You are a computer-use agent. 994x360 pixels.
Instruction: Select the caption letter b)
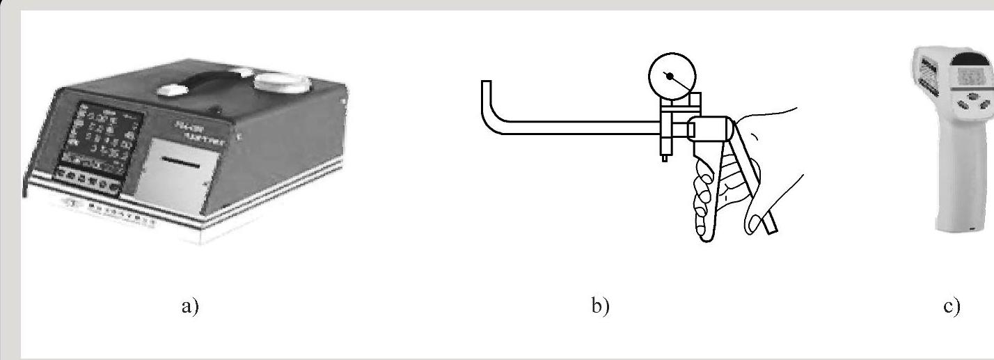point(600,306)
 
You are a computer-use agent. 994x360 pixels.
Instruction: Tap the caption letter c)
point(952,306)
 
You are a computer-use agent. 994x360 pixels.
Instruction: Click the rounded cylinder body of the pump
point(709,130)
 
